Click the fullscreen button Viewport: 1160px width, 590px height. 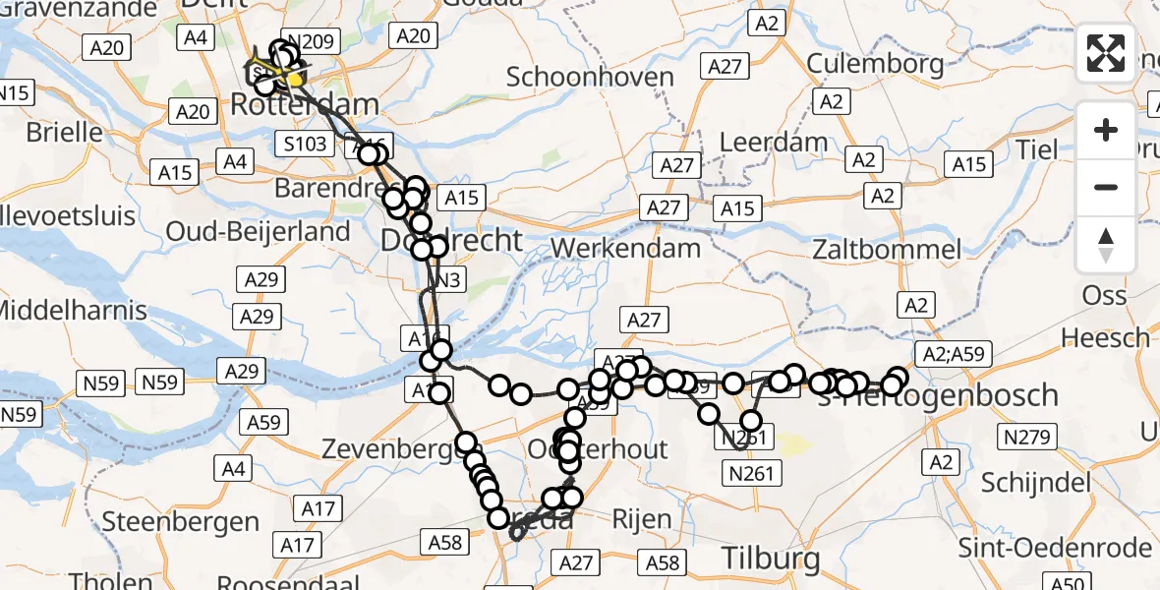tap(1106, 53)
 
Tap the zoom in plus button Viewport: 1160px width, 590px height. tap(1106, 131)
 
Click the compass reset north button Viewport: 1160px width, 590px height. tap(1106, 244)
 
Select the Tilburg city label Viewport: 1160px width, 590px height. tap(771, 559)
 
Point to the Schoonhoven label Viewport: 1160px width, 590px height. tap(590, 77)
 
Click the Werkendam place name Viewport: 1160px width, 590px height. tap(625, 247)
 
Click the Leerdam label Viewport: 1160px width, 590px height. tap(774, 143)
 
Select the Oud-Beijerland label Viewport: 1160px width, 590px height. tap(259, 232)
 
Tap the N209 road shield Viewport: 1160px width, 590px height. tap(309, 41)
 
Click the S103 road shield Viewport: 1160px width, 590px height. tap(307, 144)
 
